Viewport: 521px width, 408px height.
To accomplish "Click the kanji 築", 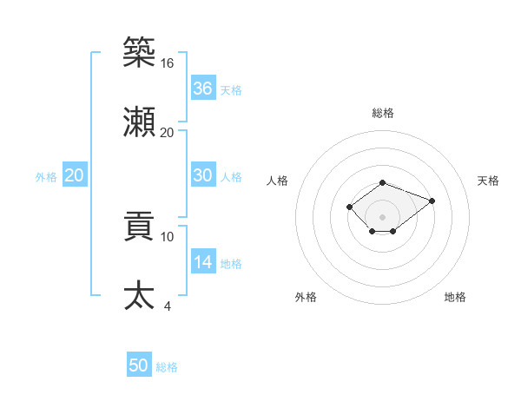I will (139, 54).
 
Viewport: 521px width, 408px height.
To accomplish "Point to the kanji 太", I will (139, 294).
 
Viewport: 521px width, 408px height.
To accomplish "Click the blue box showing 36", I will (203, 88).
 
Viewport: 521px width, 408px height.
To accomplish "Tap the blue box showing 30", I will (203, 175).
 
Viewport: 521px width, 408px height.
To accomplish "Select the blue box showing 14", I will (203, 262).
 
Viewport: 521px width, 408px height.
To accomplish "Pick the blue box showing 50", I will (139, 365).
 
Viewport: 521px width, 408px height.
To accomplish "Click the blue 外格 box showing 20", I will (75, 175).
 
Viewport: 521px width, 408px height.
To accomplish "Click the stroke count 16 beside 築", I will (168, 63).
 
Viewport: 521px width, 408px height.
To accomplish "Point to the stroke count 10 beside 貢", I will (168, 236).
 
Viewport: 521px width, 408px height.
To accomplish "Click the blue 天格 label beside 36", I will (230, 89).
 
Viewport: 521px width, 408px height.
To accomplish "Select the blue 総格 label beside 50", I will (167, 367).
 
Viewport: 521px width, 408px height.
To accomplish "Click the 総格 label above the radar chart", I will (383, 113).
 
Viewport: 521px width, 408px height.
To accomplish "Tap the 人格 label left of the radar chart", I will (278, 181).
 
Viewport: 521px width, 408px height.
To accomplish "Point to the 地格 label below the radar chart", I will (455, 297).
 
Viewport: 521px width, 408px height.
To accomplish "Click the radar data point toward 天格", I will (432, 201).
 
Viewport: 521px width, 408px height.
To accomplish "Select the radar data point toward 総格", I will (383, 182).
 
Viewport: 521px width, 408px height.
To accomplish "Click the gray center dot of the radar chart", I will (383, 216).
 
